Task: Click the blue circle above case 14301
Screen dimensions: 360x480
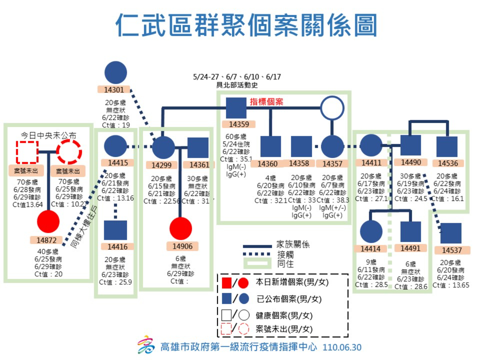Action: (x=116, y=72)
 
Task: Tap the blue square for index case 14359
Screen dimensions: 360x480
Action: (x=236, y=108)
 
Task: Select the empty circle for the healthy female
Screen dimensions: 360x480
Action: (x=332, y=108)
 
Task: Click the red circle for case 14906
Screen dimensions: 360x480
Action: (x=181, y=228)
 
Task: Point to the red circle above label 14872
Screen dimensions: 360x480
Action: (x=48, y=222)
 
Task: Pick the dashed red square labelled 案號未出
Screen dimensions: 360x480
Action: (x=27, y=152)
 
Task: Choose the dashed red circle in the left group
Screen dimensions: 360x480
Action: (x=69, y=152)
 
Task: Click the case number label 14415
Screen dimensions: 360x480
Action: (x=118, y=163)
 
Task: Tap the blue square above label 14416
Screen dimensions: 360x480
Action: (x=115, y=230)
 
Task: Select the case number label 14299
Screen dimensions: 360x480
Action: (x=162, y=165)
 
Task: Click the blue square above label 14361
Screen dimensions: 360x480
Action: (x=198, y=148)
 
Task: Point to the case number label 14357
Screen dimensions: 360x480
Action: (x=332, y=164)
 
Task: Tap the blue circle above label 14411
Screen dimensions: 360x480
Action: (x=371, y=146)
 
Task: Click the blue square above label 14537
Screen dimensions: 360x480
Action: (x=451, y=233)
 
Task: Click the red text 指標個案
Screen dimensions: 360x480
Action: (x=266, y=102)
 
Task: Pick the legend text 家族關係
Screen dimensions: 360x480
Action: (x=293, y=244)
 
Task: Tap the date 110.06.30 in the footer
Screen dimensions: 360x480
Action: (x=342, y=347)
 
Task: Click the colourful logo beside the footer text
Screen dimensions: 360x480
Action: (x=146, y=345)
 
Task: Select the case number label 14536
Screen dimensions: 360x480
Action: (x=448, y=163)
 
